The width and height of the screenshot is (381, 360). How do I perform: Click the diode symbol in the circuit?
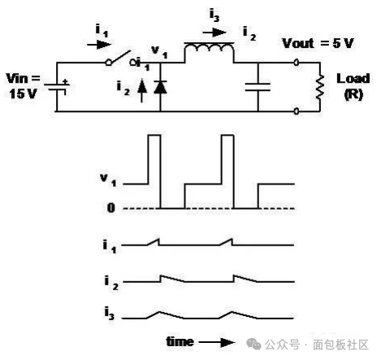pyautogui.click(x=160, y=87)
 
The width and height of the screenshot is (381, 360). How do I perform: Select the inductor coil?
pyautogui.click(x=209, y=48)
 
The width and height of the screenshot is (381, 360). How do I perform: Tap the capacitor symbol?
pyautogui.click(x=258, y=87)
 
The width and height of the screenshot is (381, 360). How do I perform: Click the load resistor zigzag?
pyautogui.click(x=320, y=87)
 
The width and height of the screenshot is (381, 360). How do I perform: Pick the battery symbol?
pyautogui.click(x=57, y=87)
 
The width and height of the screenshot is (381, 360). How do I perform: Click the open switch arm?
pyautogui.click(x=120, y=58)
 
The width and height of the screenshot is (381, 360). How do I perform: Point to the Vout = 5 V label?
pyautogui.click(x=318, y=43)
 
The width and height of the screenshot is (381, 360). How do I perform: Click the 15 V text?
pyautogui.click(x=23, y=94)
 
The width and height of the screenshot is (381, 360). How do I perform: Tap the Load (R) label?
pyautogui.click(x=353, y=86)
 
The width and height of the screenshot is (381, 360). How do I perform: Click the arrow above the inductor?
pyautogui.click(x=214, y=33)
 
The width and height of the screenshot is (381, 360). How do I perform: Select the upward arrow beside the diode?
pyautogui.click(x=142, y=91)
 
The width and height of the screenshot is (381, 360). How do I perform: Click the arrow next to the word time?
pyautogui.click(x=217, y=342)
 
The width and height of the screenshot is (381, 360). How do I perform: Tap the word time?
pyautogui.click(x=180, y=342)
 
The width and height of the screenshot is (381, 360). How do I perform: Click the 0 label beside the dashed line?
pyautogui.click(x=111, y=208)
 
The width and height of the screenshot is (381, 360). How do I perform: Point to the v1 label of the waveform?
pyautogui.click(x=108, y=180)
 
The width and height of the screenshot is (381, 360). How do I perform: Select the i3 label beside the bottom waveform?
pyautogui.click(x=110, y=314)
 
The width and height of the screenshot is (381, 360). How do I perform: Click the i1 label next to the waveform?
pyautogui.click(x=110, y=247)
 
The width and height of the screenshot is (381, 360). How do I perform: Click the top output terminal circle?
pyautogui.click(x=297, y=63)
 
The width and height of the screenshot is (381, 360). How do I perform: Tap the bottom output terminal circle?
pyautogui.click(x=297, y=111)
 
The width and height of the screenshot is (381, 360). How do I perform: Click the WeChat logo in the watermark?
pyautogui.click(x=253, y=344)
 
